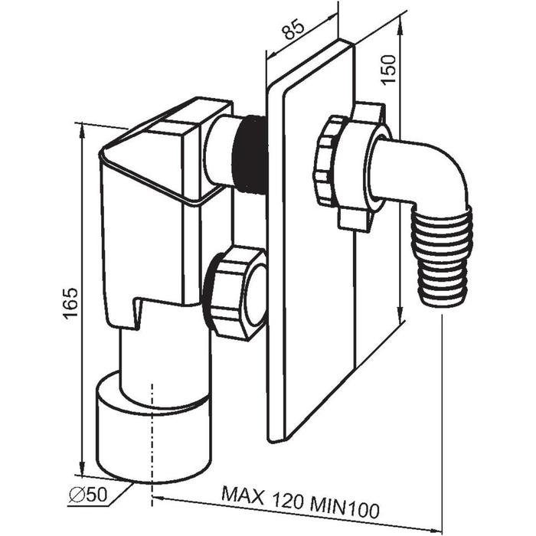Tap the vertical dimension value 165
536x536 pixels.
coord(70,303)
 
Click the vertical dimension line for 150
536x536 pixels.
coord(400,191)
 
